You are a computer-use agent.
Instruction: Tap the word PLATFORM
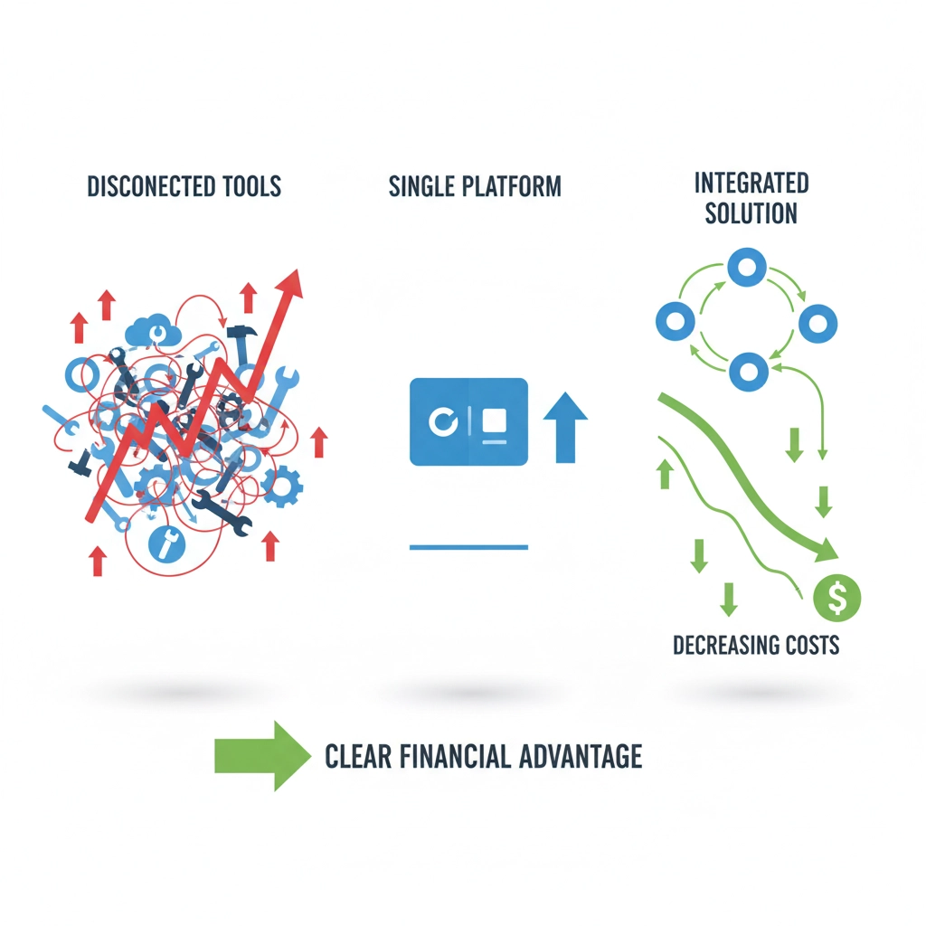(x=512, y=187)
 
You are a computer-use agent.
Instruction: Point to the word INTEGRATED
(x=751, y=184)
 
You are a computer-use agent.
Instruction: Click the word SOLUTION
(x=751, y=214)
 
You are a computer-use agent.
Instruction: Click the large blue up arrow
(x=565, y=427)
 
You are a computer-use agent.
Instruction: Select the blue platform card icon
(x=468, y=421)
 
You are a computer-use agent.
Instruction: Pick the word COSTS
(x=811, y=646)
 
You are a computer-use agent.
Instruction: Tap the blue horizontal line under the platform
(x=468, y=547)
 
